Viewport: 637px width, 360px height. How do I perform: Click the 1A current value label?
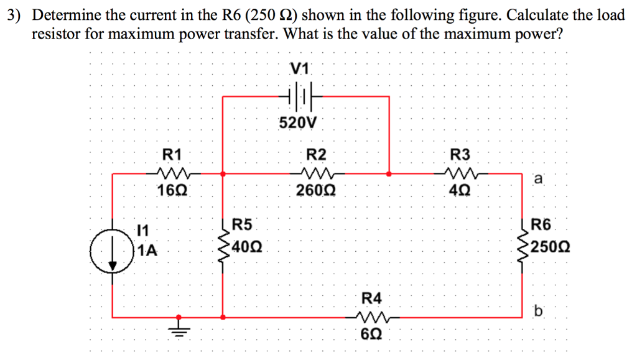coord(148,251)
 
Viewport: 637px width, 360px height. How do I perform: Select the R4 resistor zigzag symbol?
coord(373,318)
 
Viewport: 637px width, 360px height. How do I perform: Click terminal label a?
coord(539,180)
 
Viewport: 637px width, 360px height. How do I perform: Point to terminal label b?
coord(539,309)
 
